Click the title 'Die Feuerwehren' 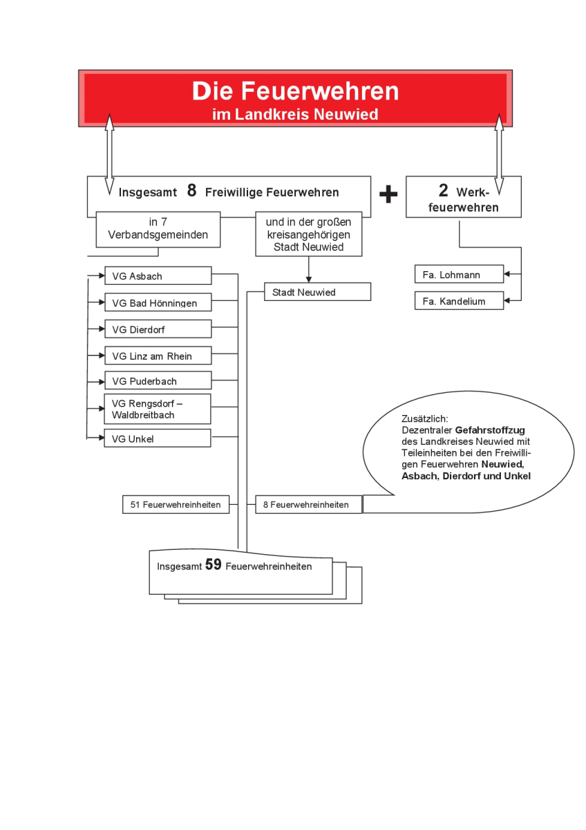pos(295,91)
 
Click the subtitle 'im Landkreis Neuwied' pos(295,114)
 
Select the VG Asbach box pos(158,276)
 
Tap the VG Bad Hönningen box pos(158,303)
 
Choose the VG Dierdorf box pos(158,329)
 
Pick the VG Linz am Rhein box pos(158,356)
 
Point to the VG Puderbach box pos(158,381)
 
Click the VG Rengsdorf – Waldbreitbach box pos(158,409)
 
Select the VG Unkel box pos(158,438)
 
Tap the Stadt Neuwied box pos(317,292)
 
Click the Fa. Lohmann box pos(459,275)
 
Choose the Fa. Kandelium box pos(459,301)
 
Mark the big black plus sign pos(388,195)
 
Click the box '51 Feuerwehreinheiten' pos(176,505)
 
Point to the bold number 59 pos(214,565)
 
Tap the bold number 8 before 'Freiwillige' pos(192,191)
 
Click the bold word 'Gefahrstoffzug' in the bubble pos(490,430)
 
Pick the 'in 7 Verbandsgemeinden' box pos(158,229)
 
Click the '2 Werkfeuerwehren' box pos(463,197)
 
